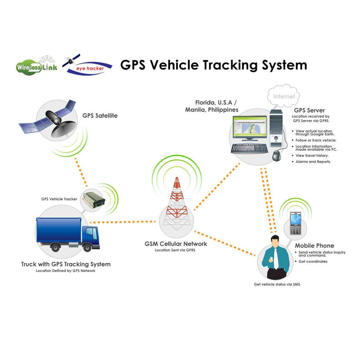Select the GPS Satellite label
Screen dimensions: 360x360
[100, 116]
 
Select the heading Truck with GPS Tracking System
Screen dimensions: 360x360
[66, 264]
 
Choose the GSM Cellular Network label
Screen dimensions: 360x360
[176, 244]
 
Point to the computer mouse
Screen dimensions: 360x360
[277, 155]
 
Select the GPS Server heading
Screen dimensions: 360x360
[309, 110]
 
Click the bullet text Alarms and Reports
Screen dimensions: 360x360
[313, 162]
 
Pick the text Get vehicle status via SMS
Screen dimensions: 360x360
[277, 284]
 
